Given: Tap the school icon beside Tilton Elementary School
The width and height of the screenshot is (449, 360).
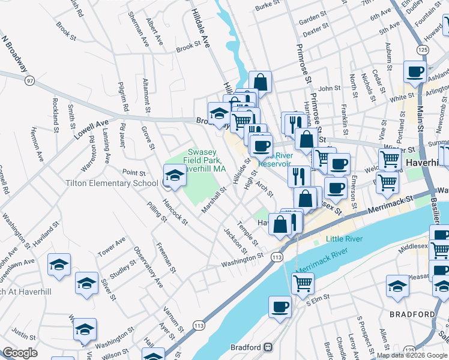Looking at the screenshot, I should tap(174, 176).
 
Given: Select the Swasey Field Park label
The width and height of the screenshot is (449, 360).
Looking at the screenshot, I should tap(202, 161).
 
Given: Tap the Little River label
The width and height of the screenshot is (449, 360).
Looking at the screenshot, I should tap(344, 239).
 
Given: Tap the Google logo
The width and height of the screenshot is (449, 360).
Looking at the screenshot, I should tap(20, 353).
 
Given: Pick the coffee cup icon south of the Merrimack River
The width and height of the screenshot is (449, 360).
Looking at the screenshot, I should tap(280, 307).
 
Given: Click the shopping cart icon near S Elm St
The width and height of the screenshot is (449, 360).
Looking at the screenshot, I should tap(303, 283).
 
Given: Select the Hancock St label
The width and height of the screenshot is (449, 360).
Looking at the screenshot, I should tap(175, 212).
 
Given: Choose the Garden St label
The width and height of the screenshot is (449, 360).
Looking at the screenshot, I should tap(312, 20).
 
